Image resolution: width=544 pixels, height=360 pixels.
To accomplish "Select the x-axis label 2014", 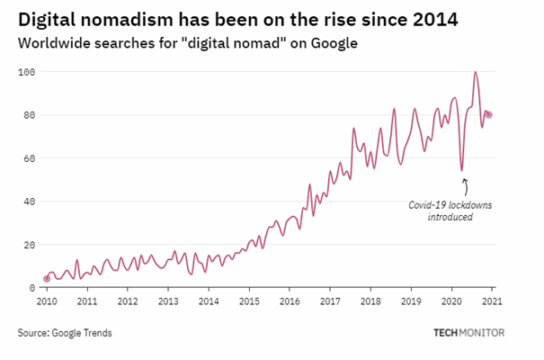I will point(209,301).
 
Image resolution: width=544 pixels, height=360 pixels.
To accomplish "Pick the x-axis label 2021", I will point(491,301).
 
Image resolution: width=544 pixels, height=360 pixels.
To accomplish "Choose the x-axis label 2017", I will point(330,301).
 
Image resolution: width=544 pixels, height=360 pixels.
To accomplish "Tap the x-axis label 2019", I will point(411,301).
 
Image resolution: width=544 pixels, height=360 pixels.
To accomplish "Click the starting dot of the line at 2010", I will point(47,279).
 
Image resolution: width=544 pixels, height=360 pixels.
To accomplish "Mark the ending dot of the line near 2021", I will point(489,114).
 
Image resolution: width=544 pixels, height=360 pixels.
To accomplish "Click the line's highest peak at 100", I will point(475,72).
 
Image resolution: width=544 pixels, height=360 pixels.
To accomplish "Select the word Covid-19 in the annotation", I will point(425,205).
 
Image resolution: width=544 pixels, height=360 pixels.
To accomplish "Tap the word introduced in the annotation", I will point(450,217).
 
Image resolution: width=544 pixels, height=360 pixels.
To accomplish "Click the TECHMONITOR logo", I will point(468,333).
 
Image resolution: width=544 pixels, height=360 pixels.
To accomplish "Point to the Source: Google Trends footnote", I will point(65,334).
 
